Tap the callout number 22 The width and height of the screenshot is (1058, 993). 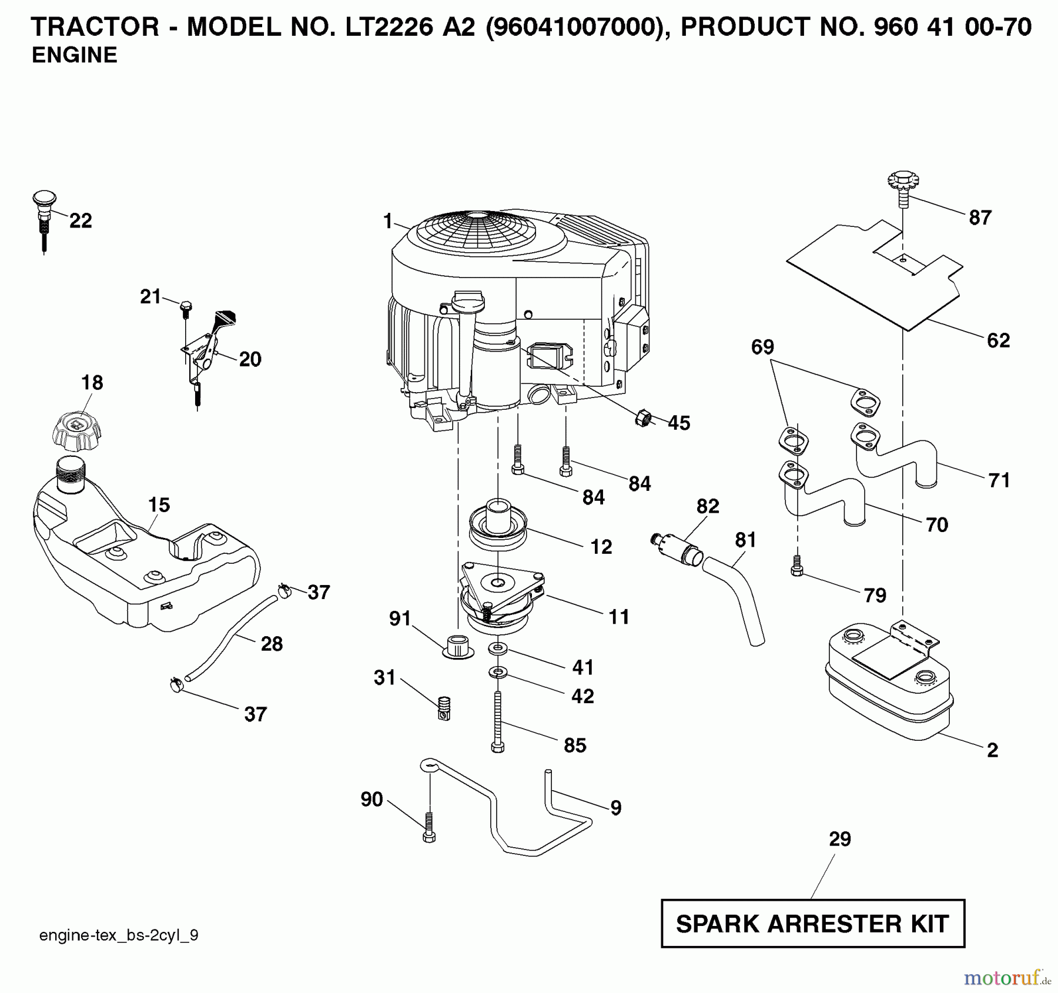pos(81,221)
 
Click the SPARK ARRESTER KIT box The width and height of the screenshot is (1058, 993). pos(812,924)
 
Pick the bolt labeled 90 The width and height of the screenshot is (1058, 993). pos(429,829)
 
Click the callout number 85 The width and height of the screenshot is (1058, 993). pos(574,745)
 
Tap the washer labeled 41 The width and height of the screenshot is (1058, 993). pos(498,648)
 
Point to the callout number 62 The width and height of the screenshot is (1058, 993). pos(998,340)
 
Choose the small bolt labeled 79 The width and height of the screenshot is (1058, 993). pos(796,567)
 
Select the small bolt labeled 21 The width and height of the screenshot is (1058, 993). pos(185,307)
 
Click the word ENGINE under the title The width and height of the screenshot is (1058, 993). pos(74,55)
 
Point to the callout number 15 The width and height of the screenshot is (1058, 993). pos(159,504)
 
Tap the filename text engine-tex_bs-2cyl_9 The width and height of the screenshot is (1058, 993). pos(119,935)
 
